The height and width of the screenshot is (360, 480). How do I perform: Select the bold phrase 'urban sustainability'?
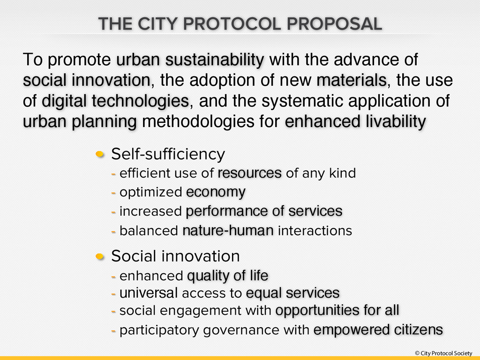190,60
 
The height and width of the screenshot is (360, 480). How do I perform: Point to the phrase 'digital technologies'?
115,101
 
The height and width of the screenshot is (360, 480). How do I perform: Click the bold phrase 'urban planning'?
80,122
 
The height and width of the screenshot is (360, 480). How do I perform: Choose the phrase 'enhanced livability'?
355,122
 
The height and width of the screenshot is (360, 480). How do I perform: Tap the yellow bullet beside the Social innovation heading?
101,256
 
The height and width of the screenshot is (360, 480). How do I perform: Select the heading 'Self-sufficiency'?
168,154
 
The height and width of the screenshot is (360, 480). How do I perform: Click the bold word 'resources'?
249,173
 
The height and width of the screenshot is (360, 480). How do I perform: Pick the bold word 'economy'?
216,192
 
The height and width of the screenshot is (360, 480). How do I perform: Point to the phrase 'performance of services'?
264,211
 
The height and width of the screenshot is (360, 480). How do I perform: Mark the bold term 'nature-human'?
228,231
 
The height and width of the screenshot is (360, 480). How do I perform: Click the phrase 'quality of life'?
227,276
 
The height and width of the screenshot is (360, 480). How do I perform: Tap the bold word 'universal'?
148,293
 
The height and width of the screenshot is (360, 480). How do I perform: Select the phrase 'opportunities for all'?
337,310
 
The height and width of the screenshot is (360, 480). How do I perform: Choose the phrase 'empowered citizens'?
378,330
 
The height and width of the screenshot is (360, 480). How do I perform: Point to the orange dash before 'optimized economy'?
113,193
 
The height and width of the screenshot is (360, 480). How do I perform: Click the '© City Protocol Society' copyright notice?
443,353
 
